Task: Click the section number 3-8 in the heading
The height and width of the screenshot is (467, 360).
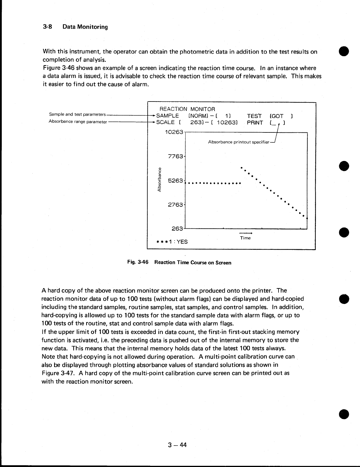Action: coord(47,27)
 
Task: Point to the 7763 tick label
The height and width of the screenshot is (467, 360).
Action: coord(176,156)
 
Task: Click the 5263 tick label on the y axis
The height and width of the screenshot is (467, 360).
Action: coord(176,180)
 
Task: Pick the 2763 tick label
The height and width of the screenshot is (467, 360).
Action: coord(176,205)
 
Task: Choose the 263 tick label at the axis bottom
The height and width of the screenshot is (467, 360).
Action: coord(177,228)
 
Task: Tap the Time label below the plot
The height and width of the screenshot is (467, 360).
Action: coord(245,238)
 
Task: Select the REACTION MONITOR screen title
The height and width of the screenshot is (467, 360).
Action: coord(187,109)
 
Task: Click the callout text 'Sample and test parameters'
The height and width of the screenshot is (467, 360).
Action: coord(77,114)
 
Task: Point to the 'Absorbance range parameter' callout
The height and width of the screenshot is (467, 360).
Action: coord(78,122)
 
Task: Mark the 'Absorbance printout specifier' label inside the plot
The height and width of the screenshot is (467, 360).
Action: coord(239,142)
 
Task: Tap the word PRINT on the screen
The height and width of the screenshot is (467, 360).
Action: coord(255,123)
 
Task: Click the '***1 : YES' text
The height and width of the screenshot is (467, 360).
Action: coord(172,242)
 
